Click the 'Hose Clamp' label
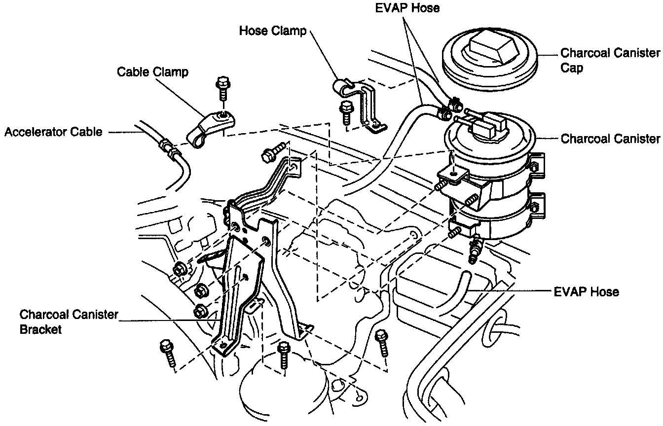pos(272,31)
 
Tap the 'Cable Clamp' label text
pos(152,72)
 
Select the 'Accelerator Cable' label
pos(54,132)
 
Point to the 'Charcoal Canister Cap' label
pos(610,60)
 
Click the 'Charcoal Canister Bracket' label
pos(69,321)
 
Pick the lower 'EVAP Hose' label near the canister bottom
pos(586,292)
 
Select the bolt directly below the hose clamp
pos(346,111)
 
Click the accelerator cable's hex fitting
pos(168,148)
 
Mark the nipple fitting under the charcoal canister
pos(475,249)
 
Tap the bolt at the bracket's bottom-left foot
pos(168,352)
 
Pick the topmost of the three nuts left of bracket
pos(180,269)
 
